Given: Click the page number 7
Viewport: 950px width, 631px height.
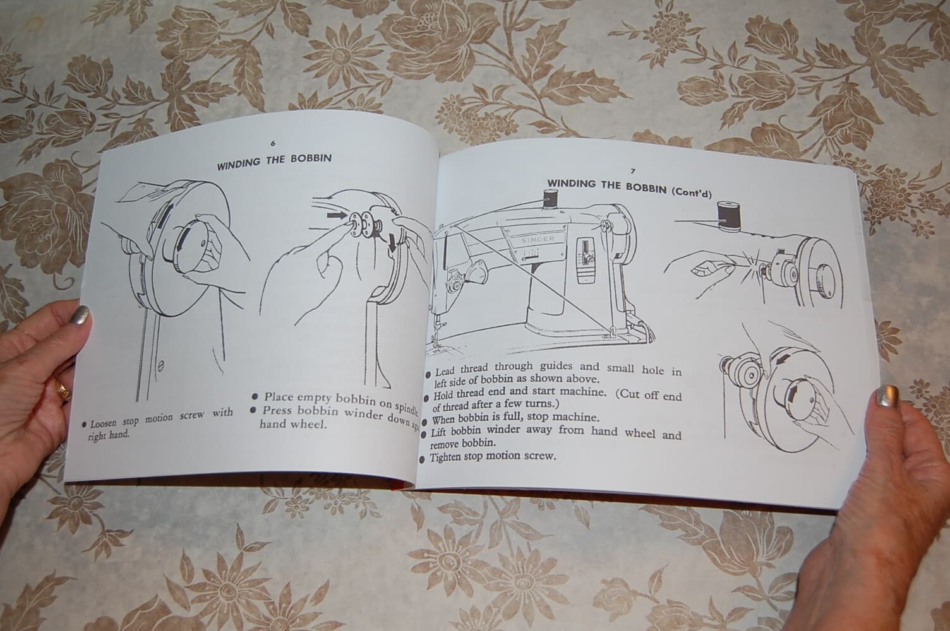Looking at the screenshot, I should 632,171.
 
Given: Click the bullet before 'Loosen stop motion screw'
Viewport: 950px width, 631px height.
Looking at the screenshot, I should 84,425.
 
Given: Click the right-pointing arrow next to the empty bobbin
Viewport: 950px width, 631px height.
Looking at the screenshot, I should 338,216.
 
